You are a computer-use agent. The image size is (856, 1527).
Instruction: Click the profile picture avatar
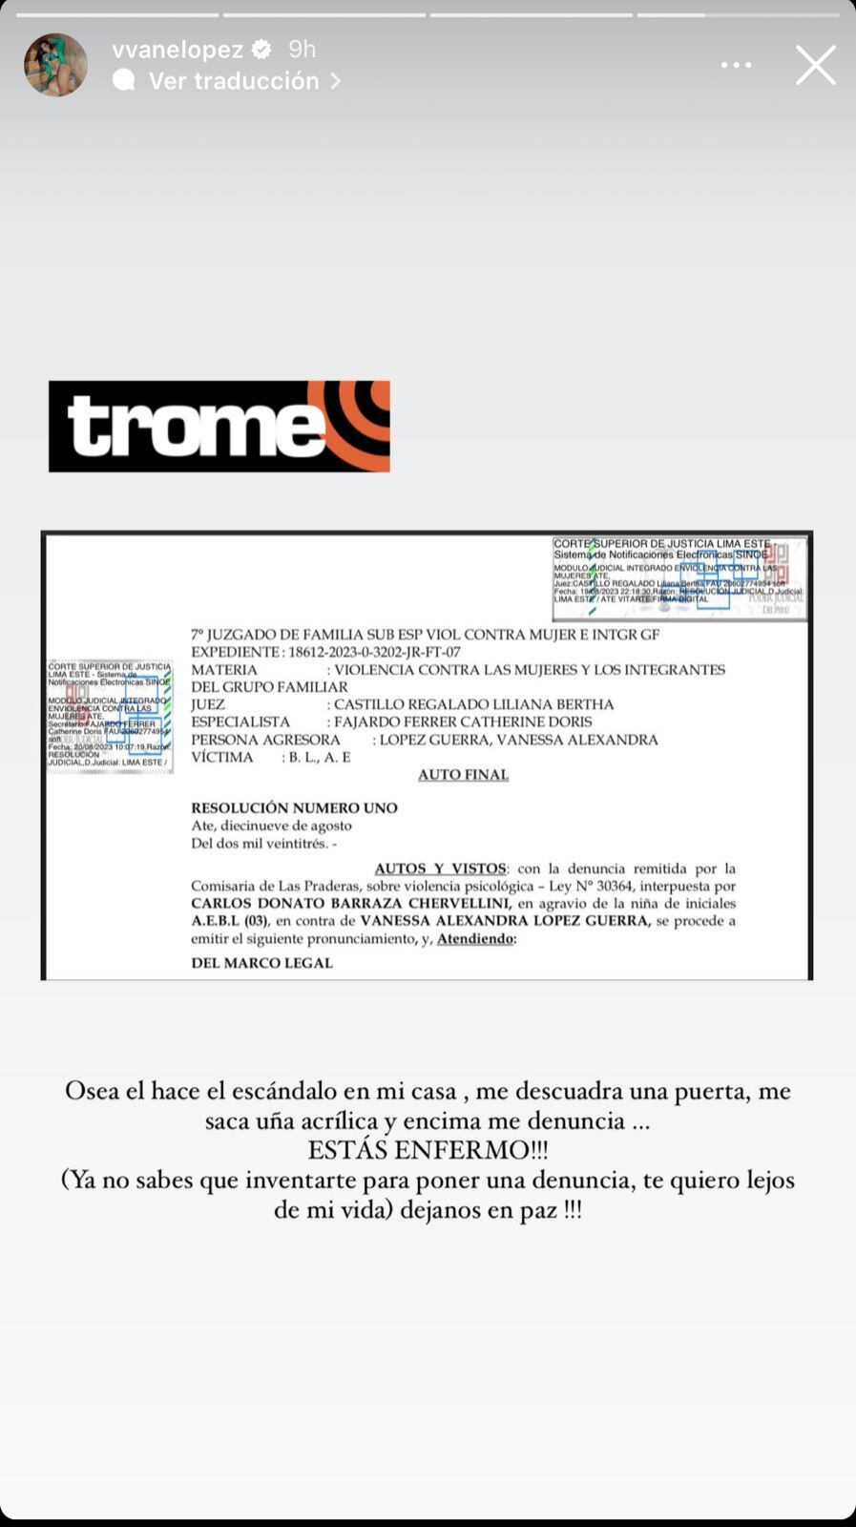(x=55, y=65)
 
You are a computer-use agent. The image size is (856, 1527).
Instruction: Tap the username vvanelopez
(x=177, y=50)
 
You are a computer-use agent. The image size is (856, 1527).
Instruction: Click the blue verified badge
(x=261, y=50)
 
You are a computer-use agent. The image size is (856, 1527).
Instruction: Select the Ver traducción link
(x=234, y=81)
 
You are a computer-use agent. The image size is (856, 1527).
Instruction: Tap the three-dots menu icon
(x=736, y=65)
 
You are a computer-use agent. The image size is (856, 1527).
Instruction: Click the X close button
(x=815, y=65)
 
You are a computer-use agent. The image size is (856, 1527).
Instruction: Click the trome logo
(x=219, y=427)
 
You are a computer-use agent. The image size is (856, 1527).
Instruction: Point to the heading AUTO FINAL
(x=463, y=775)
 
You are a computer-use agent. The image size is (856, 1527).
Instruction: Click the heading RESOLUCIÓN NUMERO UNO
(x=294, y=808)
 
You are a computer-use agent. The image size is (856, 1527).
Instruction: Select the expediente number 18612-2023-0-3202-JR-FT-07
(x=372, y=652)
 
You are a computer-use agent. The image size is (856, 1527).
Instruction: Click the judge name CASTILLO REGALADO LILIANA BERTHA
(x=473, y=704)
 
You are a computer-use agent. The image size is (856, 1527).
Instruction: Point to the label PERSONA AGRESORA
(x=265, y=740)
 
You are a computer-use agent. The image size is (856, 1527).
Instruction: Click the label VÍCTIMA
(x=222, y=758)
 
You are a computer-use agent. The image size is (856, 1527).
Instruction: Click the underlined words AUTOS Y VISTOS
(x=440, y=868)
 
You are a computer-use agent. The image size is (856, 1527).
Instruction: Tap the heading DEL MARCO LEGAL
(x=261, y=963)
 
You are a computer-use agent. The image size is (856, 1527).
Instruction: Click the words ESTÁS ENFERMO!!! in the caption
(x=428, y=1150)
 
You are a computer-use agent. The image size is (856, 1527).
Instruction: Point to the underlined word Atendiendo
(x=475, y=939)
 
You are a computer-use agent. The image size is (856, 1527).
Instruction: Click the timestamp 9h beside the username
(x=302, y=50)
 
